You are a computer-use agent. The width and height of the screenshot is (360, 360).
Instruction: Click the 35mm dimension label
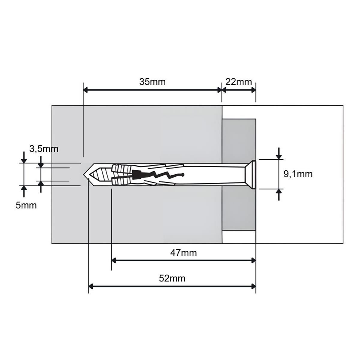click(x=152, y=82)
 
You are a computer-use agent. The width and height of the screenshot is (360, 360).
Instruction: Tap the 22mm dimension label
click(x=238, y=82)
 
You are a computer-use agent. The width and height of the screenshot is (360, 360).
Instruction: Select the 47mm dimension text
click(x=184, y=253)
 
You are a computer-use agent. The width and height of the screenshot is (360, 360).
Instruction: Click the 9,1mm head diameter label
click(x=298, y=174)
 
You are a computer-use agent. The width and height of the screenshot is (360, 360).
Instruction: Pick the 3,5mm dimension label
click(x=44, y=149)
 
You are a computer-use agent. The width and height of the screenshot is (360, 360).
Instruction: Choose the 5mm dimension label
click(x=26, y=205)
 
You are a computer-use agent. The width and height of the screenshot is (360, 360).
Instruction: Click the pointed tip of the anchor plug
click(x=84, y=175)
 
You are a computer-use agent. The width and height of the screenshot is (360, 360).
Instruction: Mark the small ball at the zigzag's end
click(x=183, y=175)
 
